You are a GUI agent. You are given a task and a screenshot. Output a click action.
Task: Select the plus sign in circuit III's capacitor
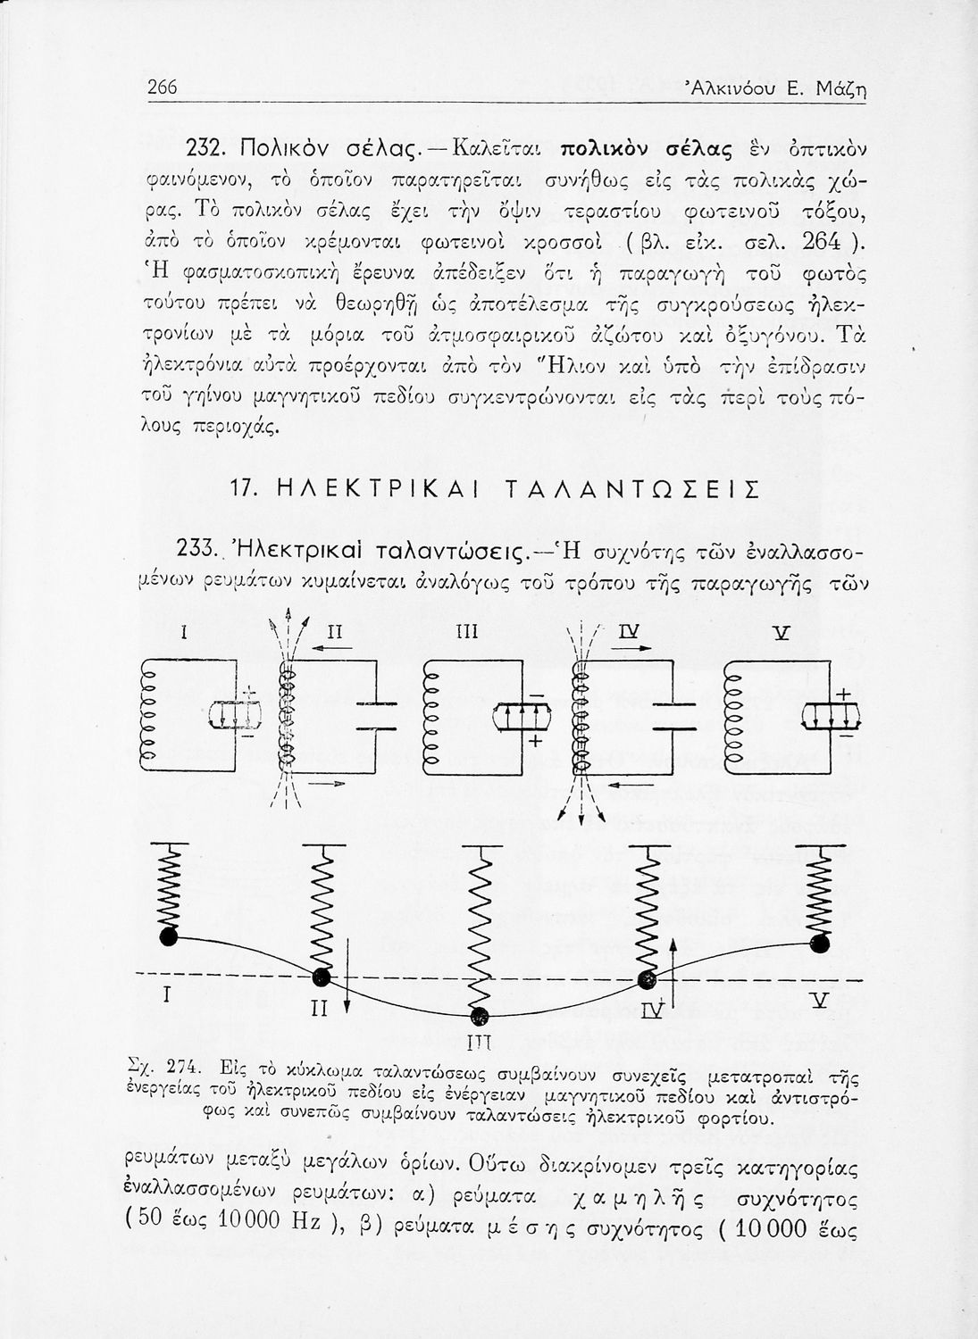(x=535, y=743)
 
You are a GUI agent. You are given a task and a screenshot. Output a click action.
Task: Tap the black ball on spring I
(x=167, y=936)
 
